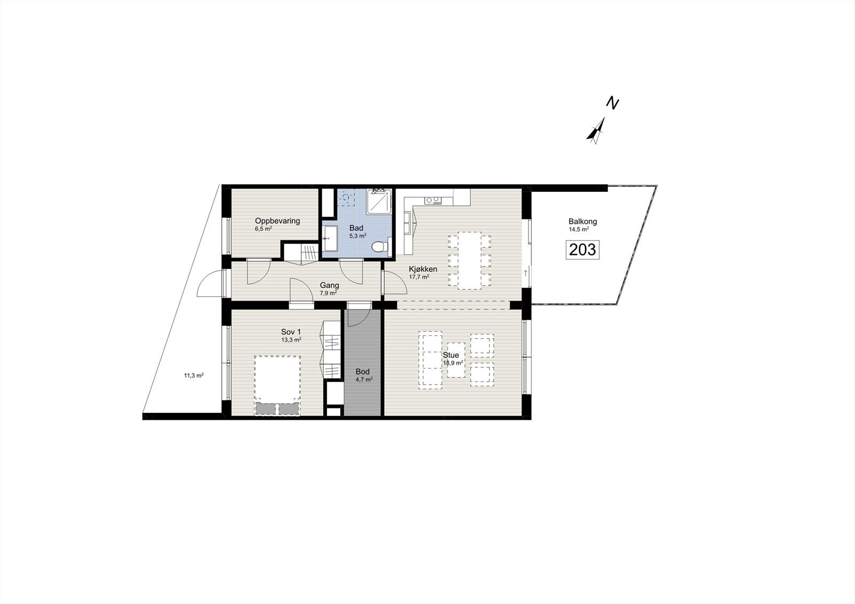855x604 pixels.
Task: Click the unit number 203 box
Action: [582, 249]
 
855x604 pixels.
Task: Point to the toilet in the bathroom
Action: [378, 246]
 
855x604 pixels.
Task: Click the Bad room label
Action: [356, 228]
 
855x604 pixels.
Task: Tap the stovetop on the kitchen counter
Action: [433, 201]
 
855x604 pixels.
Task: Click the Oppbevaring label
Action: [277, 221]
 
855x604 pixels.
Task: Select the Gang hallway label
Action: [329, 285]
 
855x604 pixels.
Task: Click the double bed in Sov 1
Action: [277, 380]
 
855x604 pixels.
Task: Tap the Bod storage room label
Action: [363, 372]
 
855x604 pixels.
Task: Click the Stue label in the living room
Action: [450, 355]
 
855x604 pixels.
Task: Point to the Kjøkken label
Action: [423, 269]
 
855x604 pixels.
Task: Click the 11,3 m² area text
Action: [194, 375]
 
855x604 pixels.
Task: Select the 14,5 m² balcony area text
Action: [579, 229]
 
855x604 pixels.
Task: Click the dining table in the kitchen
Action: [470, 260]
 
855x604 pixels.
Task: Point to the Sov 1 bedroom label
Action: [291, 332]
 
